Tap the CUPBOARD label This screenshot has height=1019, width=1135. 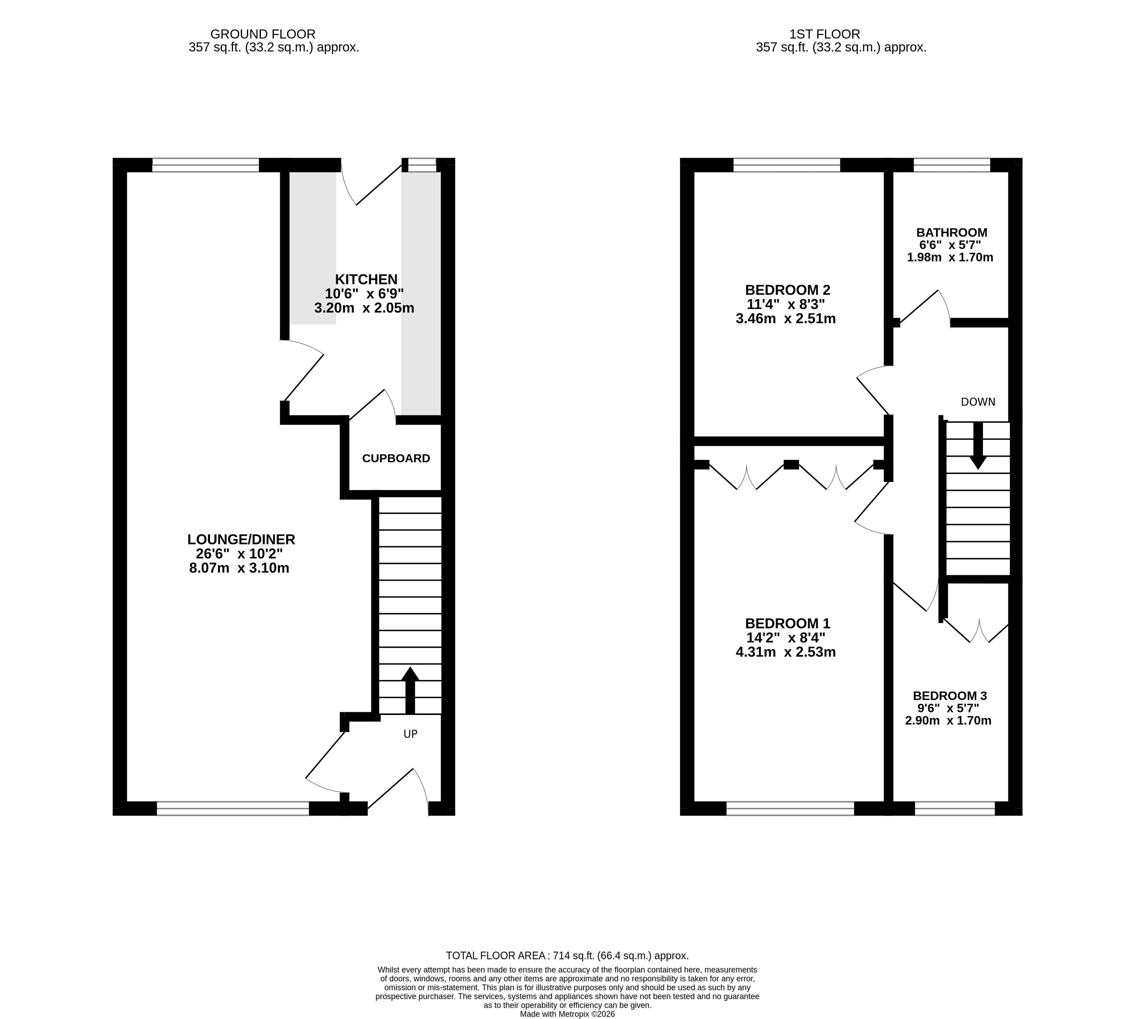396,459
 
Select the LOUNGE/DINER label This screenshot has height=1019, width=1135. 241,539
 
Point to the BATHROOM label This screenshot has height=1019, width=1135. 951,232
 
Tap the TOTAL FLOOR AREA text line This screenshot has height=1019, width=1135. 567,956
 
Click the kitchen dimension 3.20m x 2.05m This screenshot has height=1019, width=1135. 364,308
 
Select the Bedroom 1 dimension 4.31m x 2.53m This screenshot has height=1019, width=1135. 786,652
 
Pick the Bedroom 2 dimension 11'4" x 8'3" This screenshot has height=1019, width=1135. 786,305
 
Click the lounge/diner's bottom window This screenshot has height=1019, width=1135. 233,809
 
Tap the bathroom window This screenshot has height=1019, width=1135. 951,165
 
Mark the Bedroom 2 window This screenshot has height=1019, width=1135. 787,165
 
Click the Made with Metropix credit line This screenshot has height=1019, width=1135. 567,1014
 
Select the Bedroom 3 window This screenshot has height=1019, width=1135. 955,809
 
